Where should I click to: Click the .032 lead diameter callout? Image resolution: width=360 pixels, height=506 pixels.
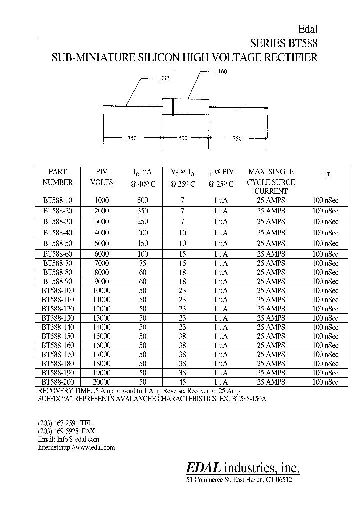[163, 78]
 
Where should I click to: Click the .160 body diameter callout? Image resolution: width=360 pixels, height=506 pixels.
[222, 72]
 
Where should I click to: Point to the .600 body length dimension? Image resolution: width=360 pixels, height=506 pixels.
[182, 138]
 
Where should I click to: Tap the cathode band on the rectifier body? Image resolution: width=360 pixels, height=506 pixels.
[173, 107]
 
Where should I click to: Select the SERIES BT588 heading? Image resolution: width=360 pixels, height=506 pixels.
[283, 43]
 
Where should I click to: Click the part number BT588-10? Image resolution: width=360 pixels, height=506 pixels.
[58, 200]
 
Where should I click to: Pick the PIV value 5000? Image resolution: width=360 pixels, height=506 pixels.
[102, 243]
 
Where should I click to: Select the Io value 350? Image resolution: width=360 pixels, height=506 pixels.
[143, 211]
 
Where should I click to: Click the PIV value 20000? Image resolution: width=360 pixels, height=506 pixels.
[102, 382]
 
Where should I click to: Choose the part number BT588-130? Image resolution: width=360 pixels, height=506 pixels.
[58, 318]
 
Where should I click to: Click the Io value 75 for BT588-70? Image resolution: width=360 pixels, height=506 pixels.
[143, 263]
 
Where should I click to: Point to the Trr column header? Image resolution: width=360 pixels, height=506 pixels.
[325, 173]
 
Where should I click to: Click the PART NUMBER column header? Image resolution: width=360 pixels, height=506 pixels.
[58, 177]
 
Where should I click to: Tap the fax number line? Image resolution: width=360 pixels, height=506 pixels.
[65, 431]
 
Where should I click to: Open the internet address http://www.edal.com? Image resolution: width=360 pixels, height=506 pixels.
[76, 447]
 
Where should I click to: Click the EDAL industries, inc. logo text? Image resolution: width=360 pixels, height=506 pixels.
[243, 467]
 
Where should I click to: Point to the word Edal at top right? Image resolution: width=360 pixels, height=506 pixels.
[308, 29]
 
